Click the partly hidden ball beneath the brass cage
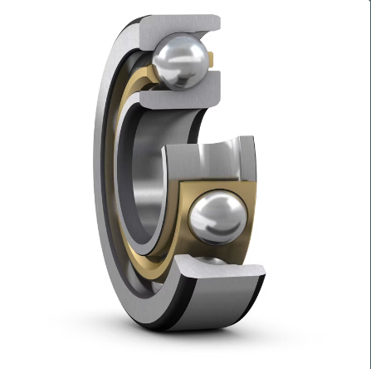click(x=214, y=260)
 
